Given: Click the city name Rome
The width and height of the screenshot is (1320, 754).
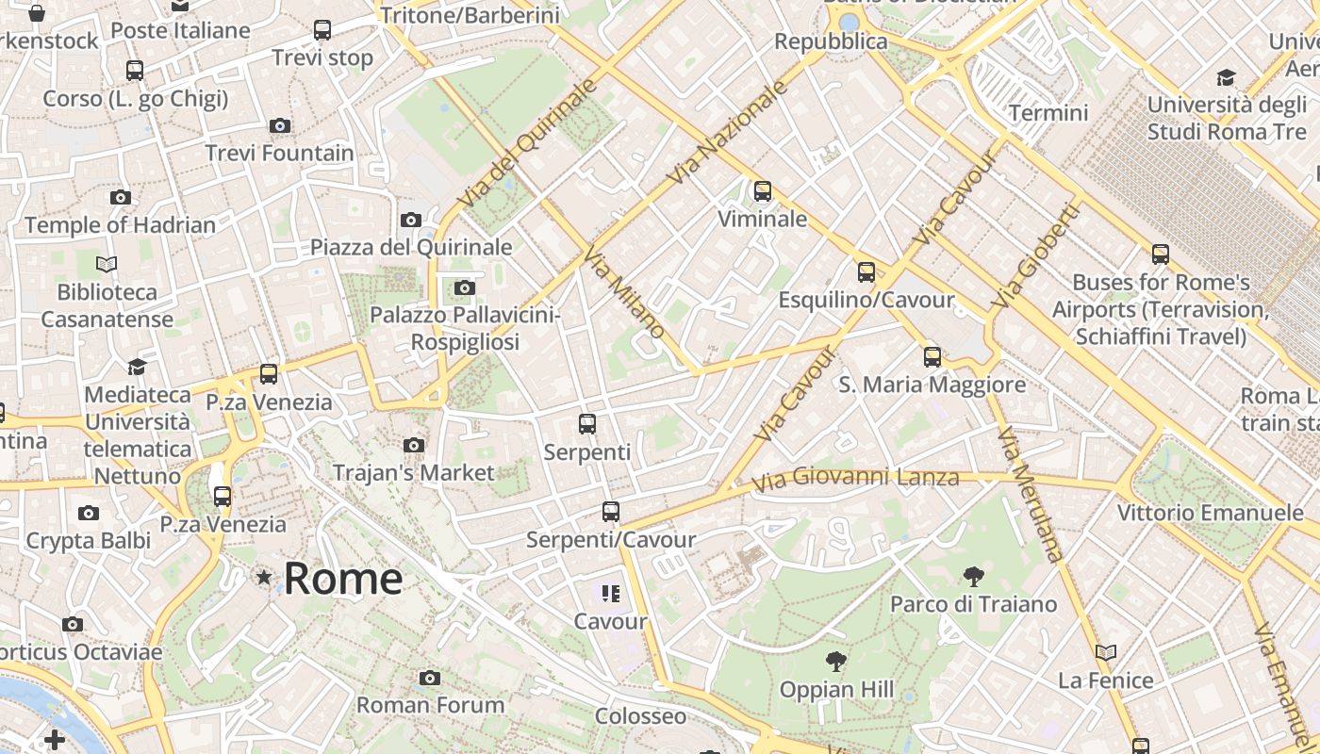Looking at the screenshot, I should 343,578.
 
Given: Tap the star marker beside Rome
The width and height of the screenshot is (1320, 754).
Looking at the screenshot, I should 264,576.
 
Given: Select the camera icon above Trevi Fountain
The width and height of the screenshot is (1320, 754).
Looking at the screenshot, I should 279,125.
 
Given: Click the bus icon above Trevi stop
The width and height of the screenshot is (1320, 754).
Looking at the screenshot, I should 322,30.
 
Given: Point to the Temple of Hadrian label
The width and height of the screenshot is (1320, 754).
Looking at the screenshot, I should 120,225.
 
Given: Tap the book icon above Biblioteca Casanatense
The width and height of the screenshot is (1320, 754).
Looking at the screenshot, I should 107,265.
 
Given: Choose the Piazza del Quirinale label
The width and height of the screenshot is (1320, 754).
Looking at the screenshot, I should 411,247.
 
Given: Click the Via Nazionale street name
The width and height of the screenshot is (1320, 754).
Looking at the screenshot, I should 726,132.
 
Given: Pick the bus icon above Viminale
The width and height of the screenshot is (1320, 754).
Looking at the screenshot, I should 762,191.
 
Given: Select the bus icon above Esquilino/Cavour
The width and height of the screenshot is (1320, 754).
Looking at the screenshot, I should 866,272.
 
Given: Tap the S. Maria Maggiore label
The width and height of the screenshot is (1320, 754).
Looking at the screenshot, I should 932,385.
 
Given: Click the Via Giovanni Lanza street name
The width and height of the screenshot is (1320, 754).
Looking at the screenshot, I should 855,479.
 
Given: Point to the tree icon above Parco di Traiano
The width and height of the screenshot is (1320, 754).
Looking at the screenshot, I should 974,576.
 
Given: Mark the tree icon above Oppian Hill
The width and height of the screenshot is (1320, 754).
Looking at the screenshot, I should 835,662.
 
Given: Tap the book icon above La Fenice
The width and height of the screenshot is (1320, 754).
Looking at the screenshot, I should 1106,652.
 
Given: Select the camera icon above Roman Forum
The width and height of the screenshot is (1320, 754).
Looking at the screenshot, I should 430,678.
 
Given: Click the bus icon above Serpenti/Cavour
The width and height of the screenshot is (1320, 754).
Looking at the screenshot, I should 611,512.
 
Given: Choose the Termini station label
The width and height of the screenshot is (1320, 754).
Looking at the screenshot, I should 1048,113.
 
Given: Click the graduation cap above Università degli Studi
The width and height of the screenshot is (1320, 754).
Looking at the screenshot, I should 1226,77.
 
